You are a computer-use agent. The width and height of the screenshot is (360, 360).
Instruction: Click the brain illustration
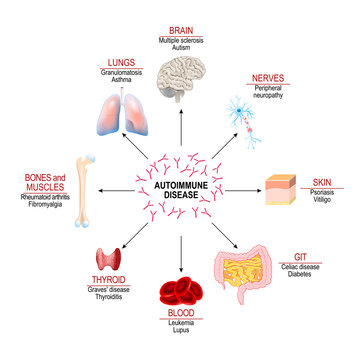click(x=181, y=71)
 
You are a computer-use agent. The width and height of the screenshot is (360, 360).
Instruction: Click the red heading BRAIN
click(x=180, y=30)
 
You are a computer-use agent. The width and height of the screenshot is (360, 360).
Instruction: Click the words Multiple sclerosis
click(x=180, y=39)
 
